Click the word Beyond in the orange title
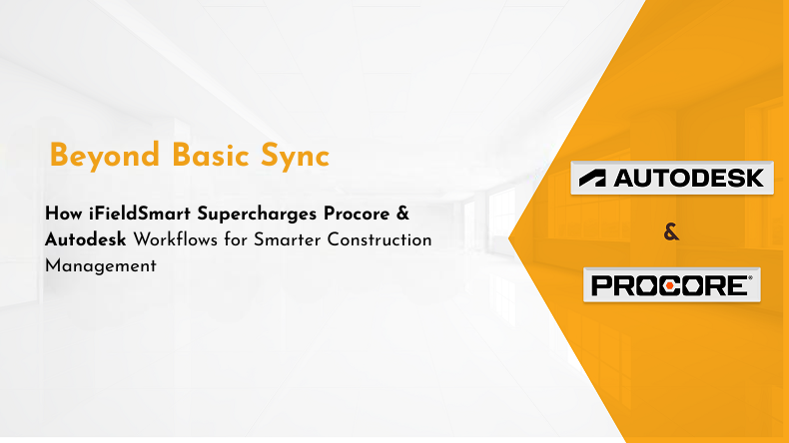coord(104,157)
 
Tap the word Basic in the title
coord(210,155)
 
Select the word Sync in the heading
coord(295,157)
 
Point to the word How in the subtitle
coord(63,214)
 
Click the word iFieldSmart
coord(140,214)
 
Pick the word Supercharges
coord(257,215)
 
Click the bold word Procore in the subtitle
coord(357,214)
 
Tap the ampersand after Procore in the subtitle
coord(402,214)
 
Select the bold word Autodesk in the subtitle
coord(86,239)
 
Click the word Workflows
coord(176,239)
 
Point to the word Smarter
coord(287,239)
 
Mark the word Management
coord(101,266)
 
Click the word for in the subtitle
coord(236,239)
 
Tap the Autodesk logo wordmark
coord(689,178)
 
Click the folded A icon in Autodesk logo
coord(592,179)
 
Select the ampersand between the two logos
coord(671,231)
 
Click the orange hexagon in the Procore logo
coord(669,285)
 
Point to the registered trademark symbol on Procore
coord(750,277)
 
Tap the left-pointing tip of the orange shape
coord(508,238)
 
